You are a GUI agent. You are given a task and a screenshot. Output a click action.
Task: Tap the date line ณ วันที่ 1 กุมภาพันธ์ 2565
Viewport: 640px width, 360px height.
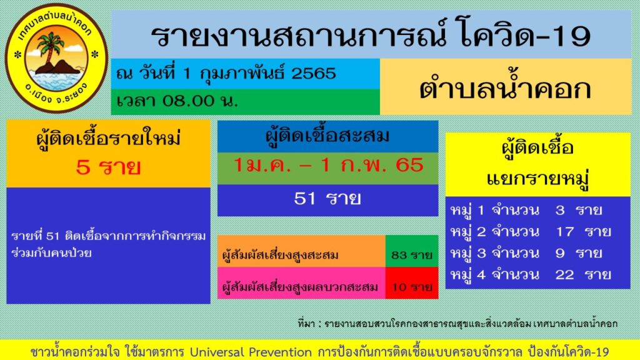[226, 74]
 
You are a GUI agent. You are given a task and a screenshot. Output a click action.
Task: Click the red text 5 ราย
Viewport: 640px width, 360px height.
[108, 167]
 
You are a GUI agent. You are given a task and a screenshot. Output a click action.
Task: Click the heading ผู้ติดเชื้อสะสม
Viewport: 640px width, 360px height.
[327, 136]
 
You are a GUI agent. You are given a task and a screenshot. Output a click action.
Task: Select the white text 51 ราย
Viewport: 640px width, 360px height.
[327, 199]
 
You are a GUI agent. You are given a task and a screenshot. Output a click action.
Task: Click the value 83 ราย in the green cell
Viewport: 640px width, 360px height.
[412, 255]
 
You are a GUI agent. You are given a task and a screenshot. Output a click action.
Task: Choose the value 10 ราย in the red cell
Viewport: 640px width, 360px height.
[412, 287]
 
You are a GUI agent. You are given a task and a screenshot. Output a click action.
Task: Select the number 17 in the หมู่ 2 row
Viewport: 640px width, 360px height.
[564, 231]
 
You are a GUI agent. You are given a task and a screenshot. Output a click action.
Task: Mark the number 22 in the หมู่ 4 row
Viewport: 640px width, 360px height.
[564, 274]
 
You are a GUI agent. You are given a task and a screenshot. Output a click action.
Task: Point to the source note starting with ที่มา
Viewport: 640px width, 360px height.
[458, 323]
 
